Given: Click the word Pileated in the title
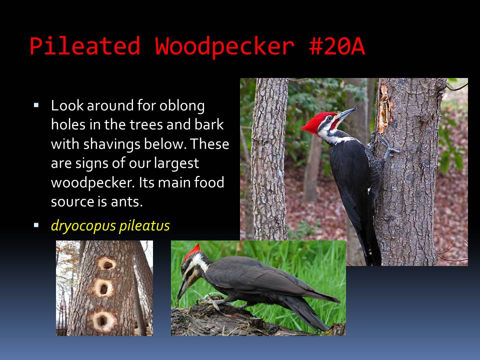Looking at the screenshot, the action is click(85, 46).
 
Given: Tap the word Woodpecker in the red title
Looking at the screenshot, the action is click(224, 46).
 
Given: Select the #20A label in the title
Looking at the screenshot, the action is click(337, 46).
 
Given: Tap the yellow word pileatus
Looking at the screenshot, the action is click(144, 226).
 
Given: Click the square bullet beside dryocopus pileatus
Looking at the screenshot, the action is click(36, 225).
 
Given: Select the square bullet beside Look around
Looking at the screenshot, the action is click(36, 105).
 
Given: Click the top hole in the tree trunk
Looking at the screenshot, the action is click(106, 264).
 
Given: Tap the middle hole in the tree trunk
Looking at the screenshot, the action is click(103, 288).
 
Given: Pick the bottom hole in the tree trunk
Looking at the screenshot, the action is click(103, 321).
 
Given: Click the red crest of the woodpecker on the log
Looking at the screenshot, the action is click(191, 252).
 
